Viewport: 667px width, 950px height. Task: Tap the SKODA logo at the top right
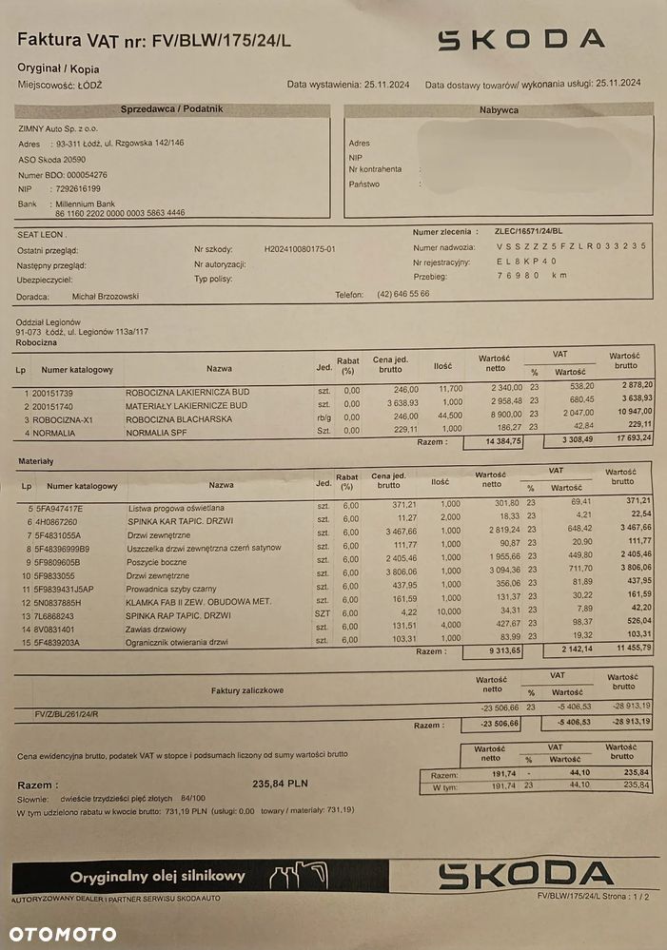[x=520, y=39]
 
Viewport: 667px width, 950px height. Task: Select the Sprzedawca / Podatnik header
[x=172, y=109]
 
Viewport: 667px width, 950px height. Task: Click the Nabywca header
[x=498, y=110]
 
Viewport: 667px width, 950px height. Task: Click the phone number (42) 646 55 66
[x=403, y=294]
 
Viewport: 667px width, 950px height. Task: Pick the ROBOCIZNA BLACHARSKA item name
[x=178, y=418]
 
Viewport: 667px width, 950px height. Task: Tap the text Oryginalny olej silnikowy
[x=158, y=876]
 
